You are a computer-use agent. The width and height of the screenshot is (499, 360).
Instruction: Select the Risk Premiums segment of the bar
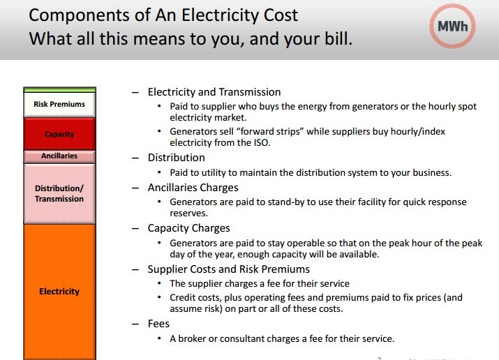(x=59, y=105)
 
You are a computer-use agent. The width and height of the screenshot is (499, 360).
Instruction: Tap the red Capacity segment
(x=59, y=134)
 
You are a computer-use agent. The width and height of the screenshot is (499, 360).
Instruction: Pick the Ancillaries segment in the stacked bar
(x=59, y=156)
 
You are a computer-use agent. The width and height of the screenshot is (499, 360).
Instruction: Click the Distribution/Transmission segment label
(x=59, y=193)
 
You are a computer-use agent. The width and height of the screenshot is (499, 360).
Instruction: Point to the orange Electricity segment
(x=59, y=291)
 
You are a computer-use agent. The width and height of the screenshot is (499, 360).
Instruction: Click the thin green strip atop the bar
(x=59, y=89)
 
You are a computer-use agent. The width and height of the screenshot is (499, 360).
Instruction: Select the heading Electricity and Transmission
(x=214, y=92)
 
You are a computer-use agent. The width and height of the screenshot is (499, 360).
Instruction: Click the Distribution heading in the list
(x=176, y=158)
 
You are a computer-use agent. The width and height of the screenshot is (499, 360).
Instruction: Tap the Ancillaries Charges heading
(x=193, y=188)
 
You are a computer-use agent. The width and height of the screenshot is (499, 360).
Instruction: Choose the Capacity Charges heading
(x=188, y=227)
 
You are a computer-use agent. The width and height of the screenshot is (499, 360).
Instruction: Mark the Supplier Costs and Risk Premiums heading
(x=228, y=269)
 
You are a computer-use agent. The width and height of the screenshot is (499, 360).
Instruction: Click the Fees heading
(x=158, y=324)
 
